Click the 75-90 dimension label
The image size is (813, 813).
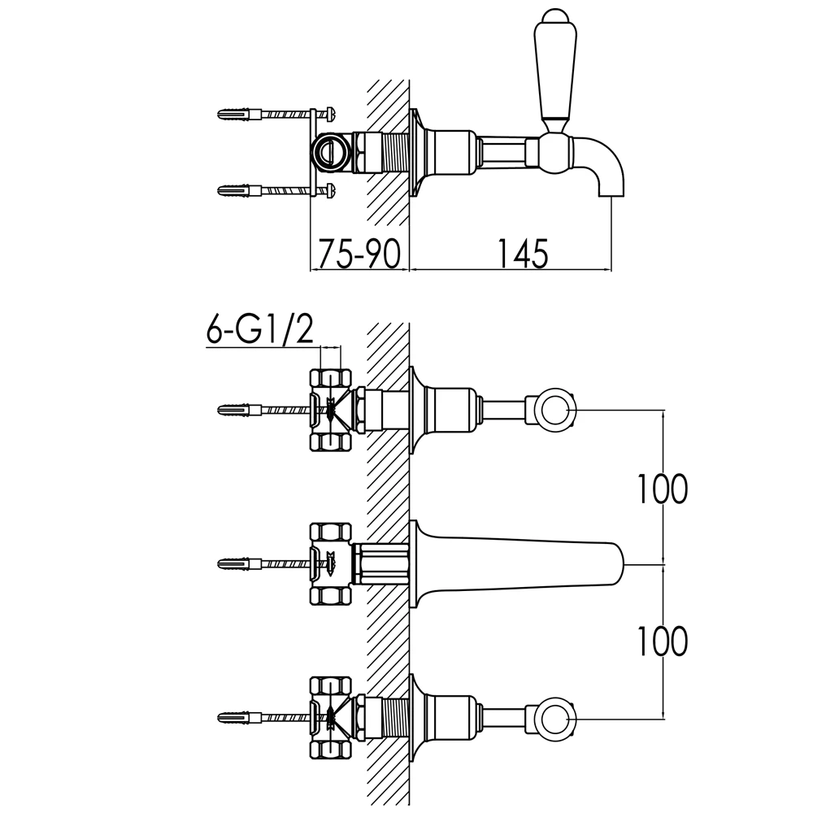pyautogui.click(x=358, y=253)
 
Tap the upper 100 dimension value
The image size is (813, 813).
pyautogui.click(x=661, y=488)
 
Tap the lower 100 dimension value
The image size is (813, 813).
pyautogui.click(x=661, y=641)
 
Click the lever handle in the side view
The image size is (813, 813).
pyautogui.click(x=554, y=69)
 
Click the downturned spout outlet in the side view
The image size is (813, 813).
pyautogui.click(x=611, y=183)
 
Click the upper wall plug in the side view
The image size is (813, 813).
pyautogui.click(x=236, y=114)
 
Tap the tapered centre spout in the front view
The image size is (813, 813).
pyautogui.click(x=520, y=561)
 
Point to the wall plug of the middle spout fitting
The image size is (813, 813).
pyautogui.click(x=236, y=562)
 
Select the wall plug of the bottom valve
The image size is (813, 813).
pyautogui.click(x=236, y=715)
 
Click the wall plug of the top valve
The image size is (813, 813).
pyautogui.click(x=236, y=408)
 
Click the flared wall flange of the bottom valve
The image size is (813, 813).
pyautogui.click(x=418, y=715)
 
